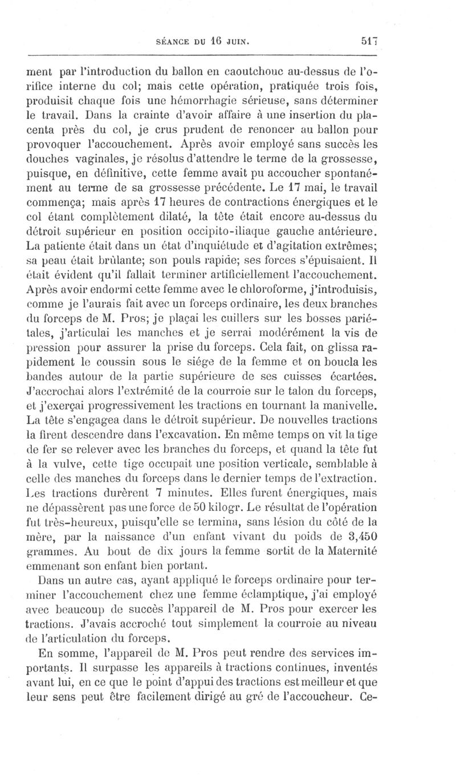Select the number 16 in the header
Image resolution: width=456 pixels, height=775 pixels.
click(207, 41)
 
